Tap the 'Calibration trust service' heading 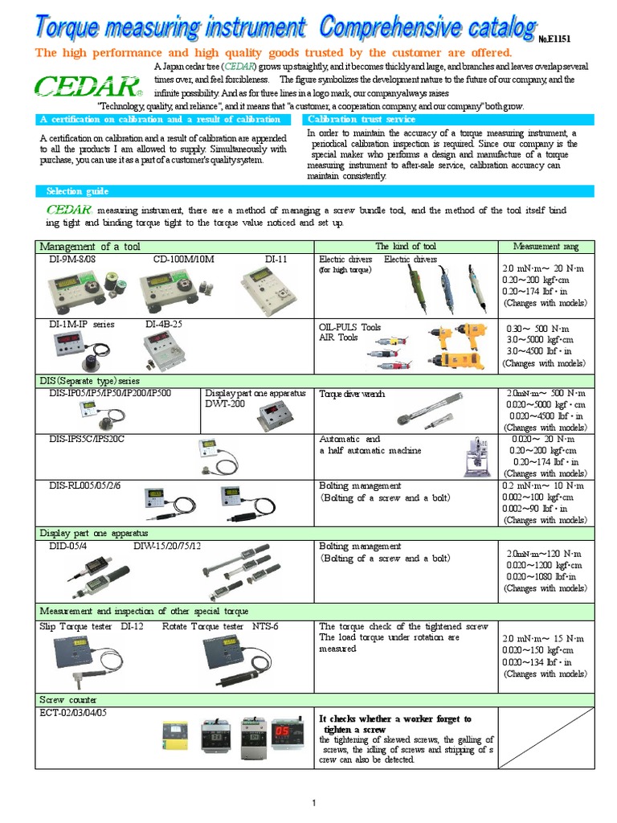click(x=361, y=119)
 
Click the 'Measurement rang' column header click(x=545, y=246)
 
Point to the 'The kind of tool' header click(x=406, y=246)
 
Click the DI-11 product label click(x=276, y=260)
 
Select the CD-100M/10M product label click(x=184, y=260)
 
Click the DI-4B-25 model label click(x=164, y=324)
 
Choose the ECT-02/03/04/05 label click(x=73, y=712)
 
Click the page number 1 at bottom click(x=314, y=803)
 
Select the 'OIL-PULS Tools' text click(x=350, y=327)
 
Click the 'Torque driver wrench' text click(x=352, y=394)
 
